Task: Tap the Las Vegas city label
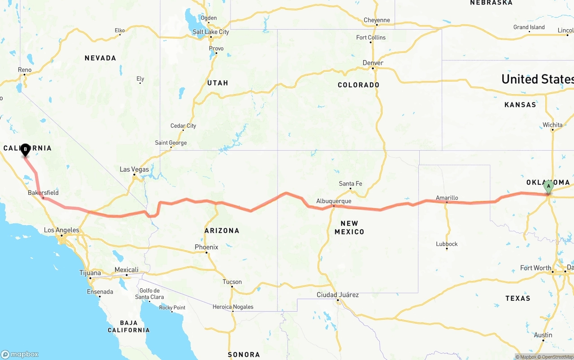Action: [x=134, y=169]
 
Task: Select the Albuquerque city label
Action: [x=334, y=201]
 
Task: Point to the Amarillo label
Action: [x=447, y=198]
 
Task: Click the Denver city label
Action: [x=373, y=63]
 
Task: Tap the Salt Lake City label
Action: [x=211, y=32]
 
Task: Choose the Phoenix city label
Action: [x=206, y=247]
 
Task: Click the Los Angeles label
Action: [x=61, y=230]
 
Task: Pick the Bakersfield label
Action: [x=43, y=193]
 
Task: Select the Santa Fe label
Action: [x=350, y=184]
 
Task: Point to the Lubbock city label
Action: [x=447, y=244]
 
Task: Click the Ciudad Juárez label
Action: [x=338, y=295]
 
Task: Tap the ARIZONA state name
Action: [x=222, y=230]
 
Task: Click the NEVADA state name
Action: [x=100, y=58]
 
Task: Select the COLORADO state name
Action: [x=358, y=85]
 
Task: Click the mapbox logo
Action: [x=20, y=354]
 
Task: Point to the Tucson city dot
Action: [x=232, y=287]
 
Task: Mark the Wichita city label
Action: [x=552, y=125]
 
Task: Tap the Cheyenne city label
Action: [x=377, y=20]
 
